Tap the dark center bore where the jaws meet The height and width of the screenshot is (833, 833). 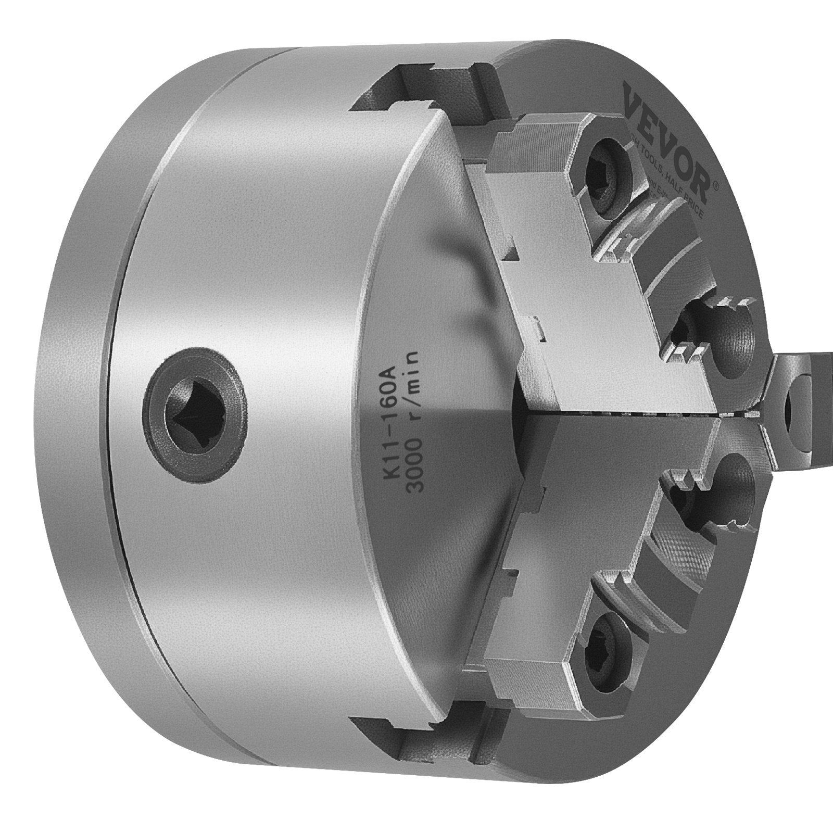click(521, 403)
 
